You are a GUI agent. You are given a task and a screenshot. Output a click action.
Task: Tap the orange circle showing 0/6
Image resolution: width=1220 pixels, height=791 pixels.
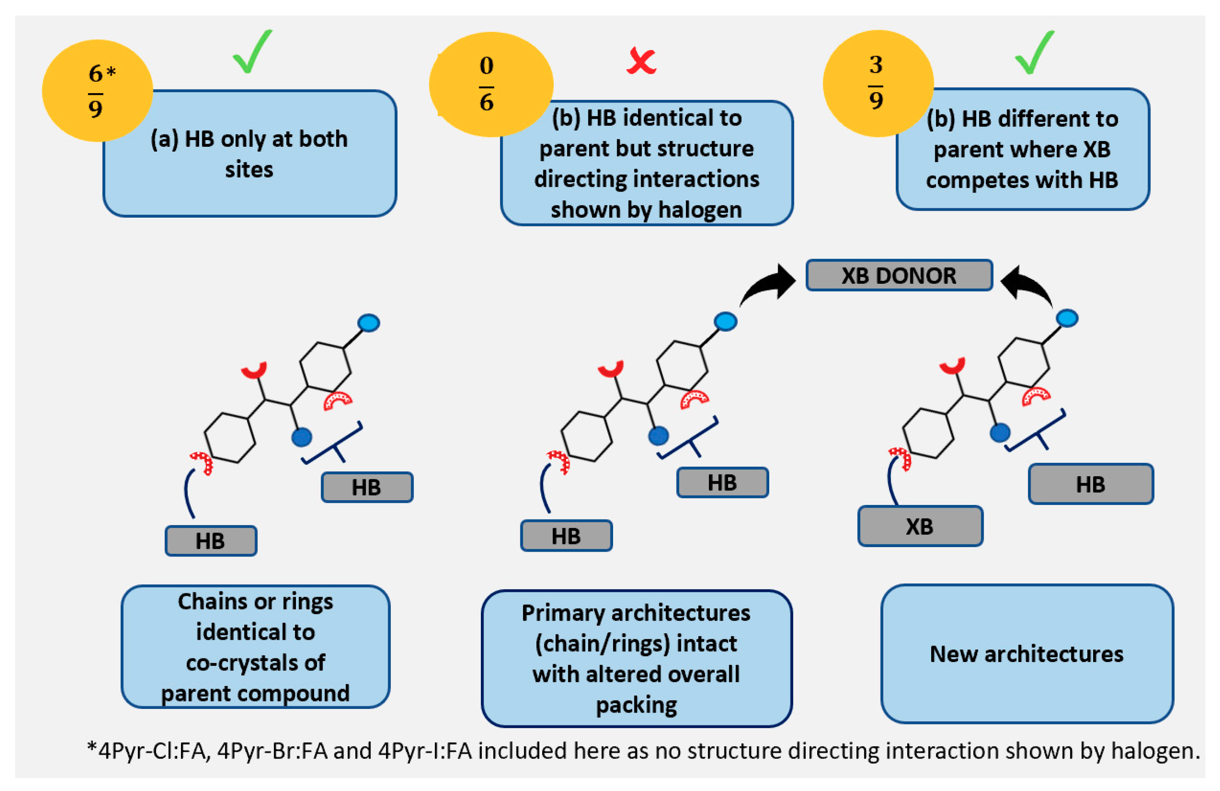(491, 85)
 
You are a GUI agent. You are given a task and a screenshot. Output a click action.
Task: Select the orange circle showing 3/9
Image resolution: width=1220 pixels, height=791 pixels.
(878, 83)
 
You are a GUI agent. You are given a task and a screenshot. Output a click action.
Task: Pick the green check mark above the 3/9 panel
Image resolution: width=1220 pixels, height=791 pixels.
(1035, 52)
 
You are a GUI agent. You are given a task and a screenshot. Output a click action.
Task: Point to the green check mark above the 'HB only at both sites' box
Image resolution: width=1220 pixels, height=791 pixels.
(252, 52)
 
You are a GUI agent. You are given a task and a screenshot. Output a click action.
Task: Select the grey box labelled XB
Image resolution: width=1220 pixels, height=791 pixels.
(920, 526)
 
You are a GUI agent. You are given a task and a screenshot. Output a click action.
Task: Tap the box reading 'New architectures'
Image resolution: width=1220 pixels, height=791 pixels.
(1027, 654)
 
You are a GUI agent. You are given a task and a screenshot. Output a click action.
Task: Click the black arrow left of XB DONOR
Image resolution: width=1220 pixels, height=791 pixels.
(769, 286)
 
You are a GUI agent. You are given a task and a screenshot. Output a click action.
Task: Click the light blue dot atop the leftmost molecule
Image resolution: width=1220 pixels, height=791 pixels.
(369, 323)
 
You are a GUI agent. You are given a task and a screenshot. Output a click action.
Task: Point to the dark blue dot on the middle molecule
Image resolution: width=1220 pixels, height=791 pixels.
(658, 436)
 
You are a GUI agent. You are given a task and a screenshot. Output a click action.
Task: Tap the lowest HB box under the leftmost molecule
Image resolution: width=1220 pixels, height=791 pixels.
(211, 541)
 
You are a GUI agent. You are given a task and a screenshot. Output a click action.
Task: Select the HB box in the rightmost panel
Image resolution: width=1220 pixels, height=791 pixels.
(1091, 484)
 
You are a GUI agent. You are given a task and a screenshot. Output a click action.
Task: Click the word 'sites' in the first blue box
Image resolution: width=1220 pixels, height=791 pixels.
(249, 169)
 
